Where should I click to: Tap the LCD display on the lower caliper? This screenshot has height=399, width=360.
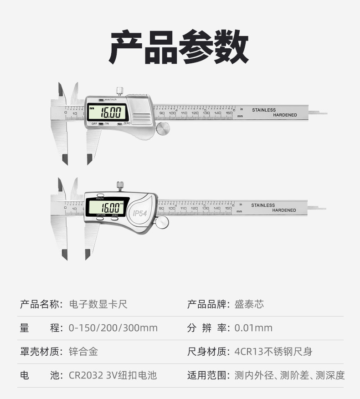click(x=106, y=207)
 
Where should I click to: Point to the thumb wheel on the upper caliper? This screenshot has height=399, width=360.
click(x=163, y=128)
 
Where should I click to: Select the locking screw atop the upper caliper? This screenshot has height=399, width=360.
click(x=120, y=90)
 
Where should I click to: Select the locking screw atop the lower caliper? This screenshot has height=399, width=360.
click(x=120, y=185)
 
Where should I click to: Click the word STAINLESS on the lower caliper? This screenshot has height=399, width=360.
click(x=263, y=205)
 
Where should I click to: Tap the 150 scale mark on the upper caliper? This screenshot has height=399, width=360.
click(x=229, y=113)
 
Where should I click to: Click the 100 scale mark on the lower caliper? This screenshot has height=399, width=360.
click(x=172, y=208)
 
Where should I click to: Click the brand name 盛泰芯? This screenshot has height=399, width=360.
click(x=249, y=304)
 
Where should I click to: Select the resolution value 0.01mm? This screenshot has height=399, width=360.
click(x=253, y=328)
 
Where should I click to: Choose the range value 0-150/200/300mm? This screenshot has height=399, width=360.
click(x=113, y=328)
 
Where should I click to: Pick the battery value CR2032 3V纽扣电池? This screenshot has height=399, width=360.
click(x=113, y=376)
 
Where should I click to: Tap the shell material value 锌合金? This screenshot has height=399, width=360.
click(x=83, y=352)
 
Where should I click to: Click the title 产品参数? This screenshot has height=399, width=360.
click(x=179, y=47)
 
